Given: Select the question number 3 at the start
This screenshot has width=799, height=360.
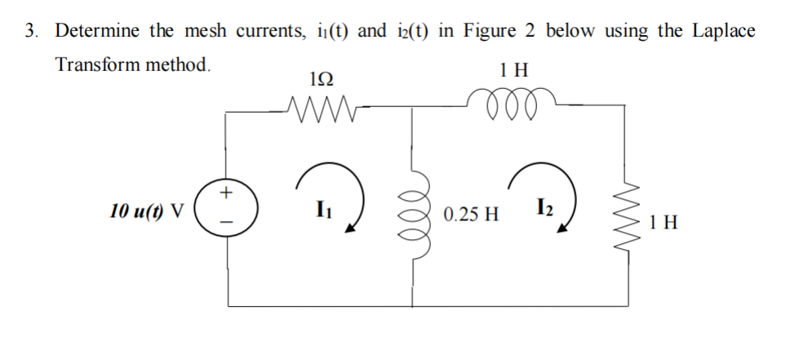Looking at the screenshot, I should [x=30, y=32].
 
